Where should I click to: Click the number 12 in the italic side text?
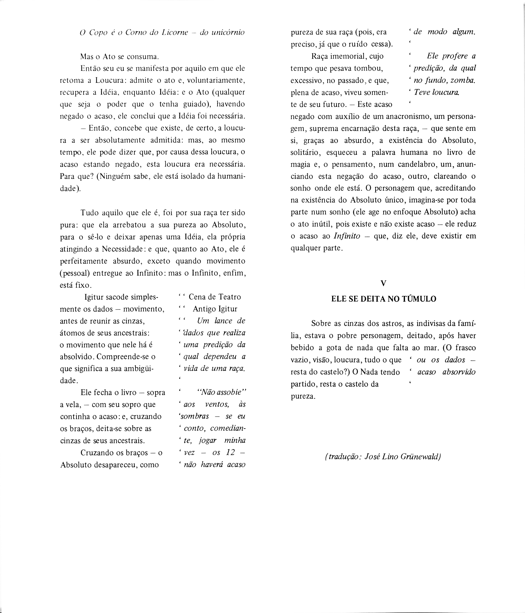(x=230, y=453)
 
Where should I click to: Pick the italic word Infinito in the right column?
(x=347, y=236)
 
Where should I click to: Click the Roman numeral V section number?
(x=383, y=283)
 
